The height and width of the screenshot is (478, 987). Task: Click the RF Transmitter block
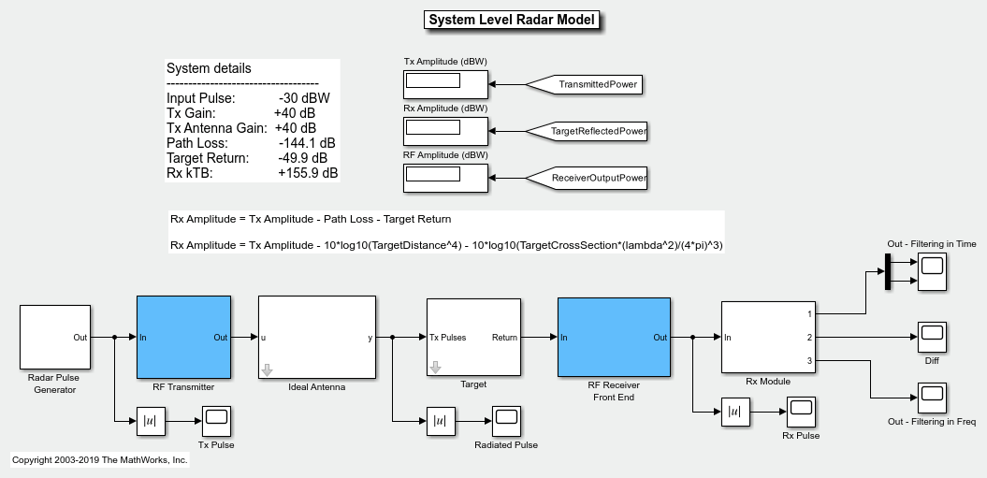tap(183, 337)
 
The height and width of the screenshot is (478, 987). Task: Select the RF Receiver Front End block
tap(614, 337)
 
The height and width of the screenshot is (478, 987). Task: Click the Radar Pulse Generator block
tap(55, 337)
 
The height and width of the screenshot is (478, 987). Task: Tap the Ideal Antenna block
tap(316, 337)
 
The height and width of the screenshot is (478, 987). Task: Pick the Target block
tap(474, 337)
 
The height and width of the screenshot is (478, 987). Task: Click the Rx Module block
tap(769, 337)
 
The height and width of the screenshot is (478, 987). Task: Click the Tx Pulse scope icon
tap(216, 421)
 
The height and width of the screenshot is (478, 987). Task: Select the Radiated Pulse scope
tap(507, 421)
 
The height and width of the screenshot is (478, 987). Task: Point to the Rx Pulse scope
tap(801, 412)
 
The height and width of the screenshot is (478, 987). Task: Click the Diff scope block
tap(932, 337)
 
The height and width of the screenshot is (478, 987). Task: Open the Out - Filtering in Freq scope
tap(932, 398)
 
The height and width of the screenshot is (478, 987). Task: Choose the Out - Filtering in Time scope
tap(932, 271)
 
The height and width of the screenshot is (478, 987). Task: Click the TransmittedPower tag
tap(584, 84)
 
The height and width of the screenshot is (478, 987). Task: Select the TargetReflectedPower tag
tap(586, 131)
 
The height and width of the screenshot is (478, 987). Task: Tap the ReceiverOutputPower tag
tap(586, 179)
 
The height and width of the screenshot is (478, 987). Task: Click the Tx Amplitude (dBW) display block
tap(445, 84)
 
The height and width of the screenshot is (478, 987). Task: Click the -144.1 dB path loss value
tap(307, 143)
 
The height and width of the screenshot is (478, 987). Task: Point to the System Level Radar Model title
tap(512, 20)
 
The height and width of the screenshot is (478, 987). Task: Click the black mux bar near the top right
tap(888, 271)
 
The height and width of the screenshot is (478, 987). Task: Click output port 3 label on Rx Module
tap(809, 361)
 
